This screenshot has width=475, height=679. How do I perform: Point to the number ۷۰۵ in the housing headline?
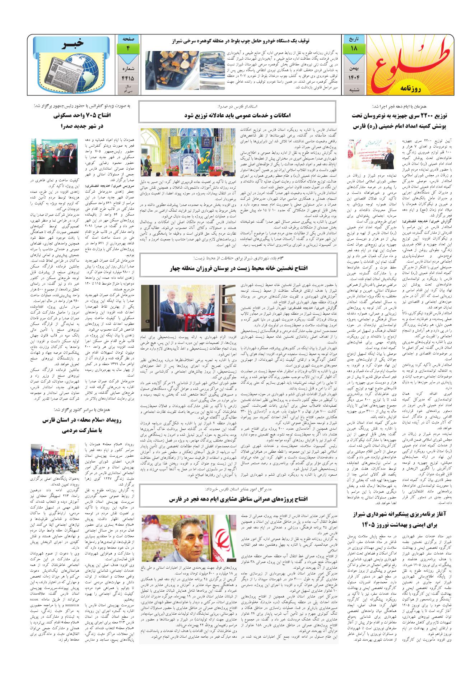(x=84, y=116)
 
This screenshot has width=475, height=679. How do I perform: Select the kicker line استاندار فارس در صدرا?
(x=238, y=107)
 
